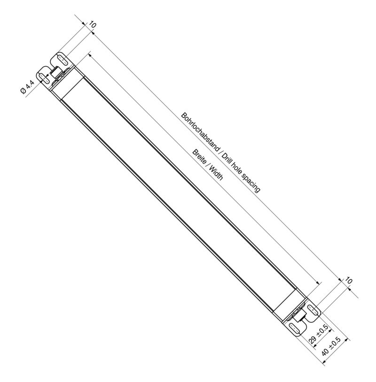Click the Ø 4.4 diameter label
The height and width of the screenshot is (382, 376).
[x=27, y=87]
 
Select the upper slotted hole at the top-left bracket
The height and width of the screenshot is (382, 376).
[x=62, y=59]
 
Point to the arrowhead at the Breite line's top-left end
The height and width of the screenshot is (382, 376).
[x=89, y=55]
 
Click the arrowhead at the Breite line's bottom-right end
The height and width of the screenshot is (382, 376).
[x=318, y=283]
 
